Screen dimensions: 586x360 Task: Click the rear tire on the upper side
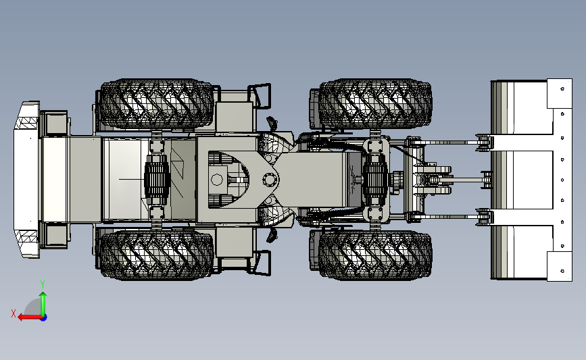coord(157,103)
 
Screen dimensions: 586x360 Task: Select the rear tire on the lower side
coord(157,255)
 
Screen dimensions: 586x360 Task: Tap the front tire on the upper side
coord(375,103)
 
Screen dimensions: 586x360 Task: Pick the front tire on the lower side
coord(375,255)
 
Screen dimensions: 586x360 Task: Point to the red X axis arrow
coord(30,317)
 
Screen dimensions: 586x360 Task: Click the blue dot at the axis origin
coord(43,317)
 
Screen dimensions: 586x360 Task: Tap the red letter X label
coord(14,313)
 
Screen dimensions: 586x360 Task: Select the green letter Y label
coord(43,284)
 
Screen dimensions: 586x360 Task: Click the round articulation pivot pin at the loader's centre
coord(269,180)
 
